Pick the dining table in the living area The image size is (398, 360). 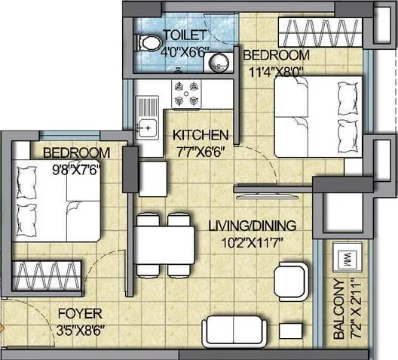[160, 245]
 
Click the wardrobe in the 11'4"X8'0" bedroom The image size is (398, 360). [320, 33]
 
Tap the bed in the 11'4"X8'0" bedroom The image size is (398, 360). [317, 115]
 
